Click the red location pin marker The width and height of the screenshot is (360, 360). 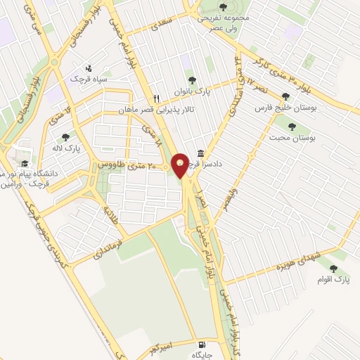click(180, 165)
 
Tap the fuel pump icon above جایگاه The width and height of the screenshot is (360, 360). click(203, 345)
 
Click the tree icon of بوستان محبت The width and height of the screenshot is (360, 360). click(292, 127)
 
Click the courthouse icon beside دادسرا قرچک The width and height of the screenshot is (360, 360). click(201, 153)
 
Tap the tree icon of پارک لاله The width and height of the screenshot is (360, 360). click(65, 137)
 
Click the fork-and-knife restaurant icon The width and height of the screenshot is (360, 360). click(157, 99)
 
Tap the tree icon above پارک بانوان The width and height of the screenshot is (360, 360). click(191, 80)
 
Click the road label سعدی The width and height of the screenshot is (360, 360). click(159, 25)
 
